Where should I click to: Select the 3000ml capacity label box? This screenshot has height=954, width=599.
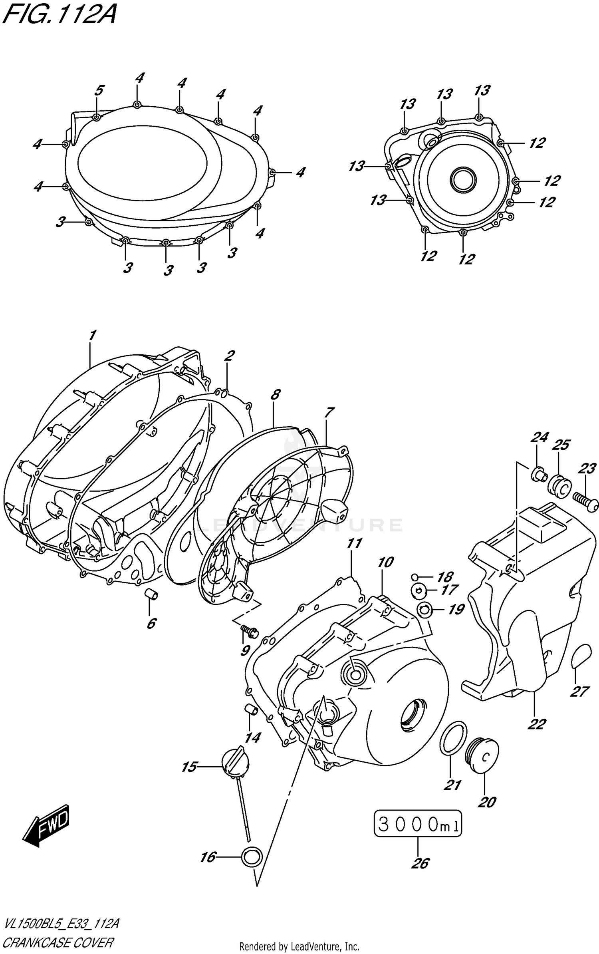[418, 823]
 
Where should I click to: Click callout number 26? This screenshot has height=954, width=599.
[420, 864]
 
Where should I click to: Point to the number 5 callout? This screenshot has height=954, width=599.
[99, 91]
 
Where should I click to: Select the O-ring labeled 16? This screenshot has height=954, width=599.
[252, 857]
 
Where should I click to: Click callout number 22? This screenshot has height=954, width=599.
[536, 723]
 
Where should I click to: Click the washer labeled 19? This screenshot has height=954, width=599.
[424, 610]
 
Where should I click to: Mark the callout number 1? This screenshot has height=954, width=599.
[92, 336]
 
